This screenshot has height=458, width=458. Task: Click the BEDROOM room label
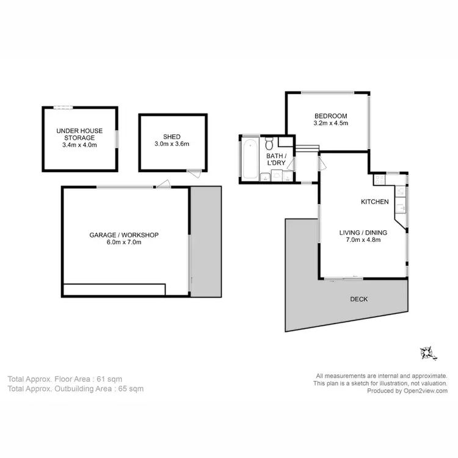pyautogui.click(x=330, y=116)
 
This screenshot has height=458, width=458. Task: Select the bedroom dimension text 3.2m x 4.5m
pyautogui.click(x=330, y=123)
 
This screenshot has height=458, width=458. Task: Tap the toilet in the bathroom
pyautogui.click(x=269, y=144)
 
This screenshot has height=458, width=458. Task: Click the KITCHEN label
pyautogui.click(x=374, y=202)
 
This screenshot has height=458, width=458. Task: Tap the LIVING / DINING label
pyautogui.click(x=363, y=232)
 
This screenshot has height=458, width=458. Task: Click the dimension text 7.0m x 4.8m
pyautogui.click(x=363, y=240)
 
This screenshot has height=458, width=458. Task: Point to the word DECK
pyautogui.click(x=358, y=299)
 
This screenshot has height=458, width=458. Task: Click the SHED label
pyautogui.click(x=172, y=137)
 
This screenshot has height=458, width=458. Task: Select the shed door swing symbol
pyautogui.click(x=194, y=173)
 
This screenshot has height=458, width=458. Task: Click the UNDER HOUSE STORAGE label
pyautogui.click(x=79, y=134)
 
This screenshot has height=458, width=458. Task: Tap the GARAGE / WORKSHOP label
pyautogui.click(x=124, y=234)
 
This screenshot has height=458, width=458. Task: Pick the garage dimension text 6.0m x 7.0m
pyautogui.click(x=124, y=242)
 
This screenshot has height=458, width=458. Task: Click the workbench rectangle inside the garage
pyautogui.click(x=114, y=289)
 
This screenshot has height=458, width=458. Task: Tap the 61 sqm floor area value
pyautogui.click(x=118, y=379)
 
